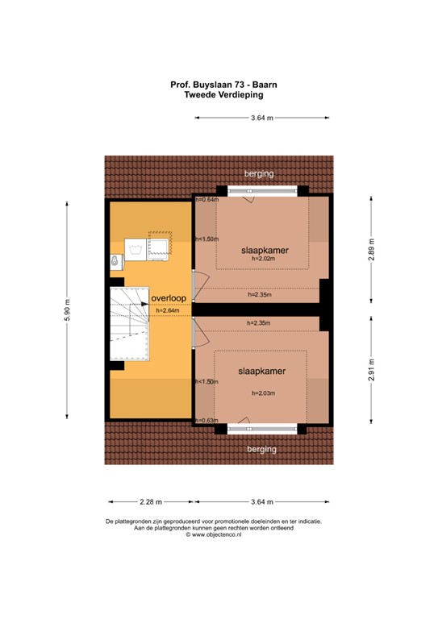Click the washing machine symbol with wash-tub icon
pos(157,246)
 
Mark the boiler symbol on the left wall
pos(115,260)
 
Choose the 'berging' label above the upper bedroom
pos(261,173)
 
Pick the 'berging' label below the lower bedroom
pos(262,448)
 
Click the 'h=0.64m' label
pos(206,200)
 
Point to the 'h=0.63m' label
pos(206,420)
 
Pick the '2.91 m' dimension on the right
pos(372,370)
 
